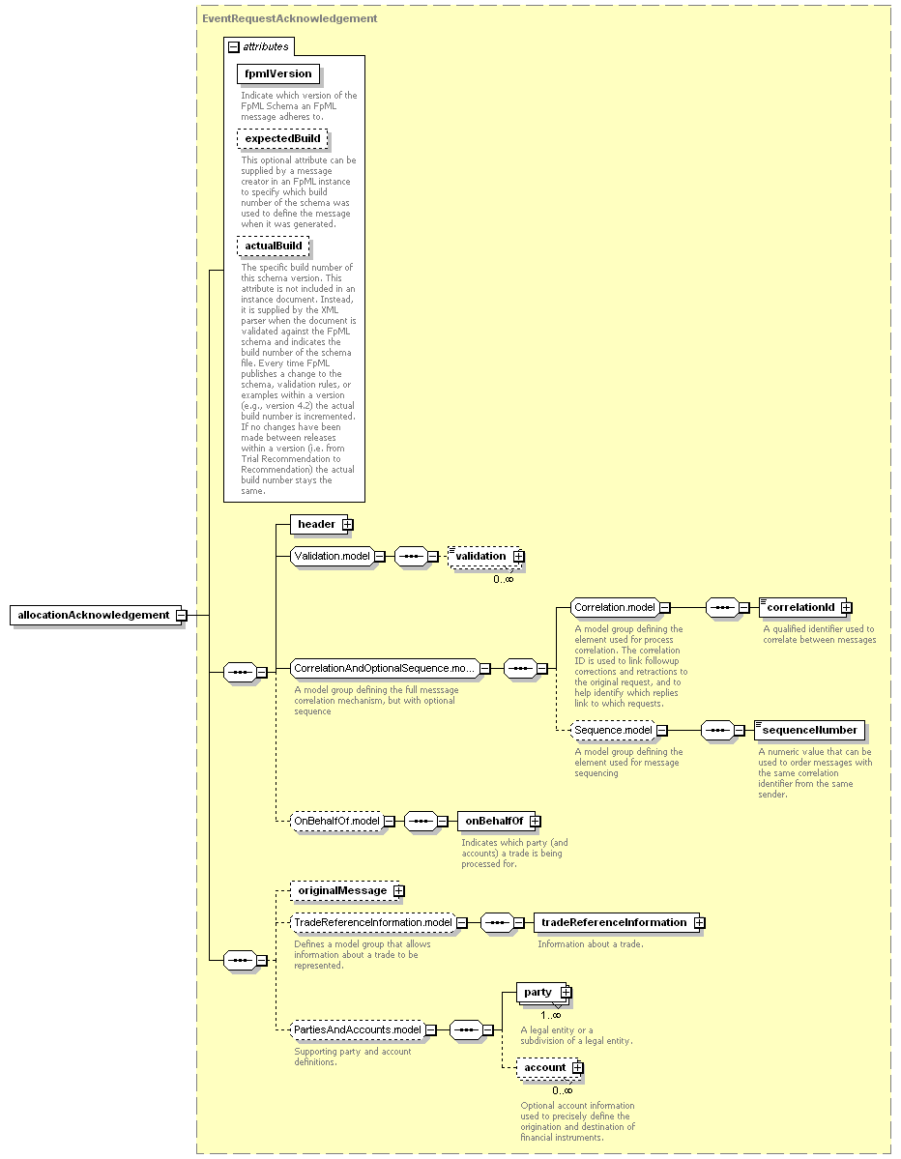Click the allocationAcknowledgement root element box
[x=96, y=615]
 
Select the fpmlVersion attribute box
[x=277, y=73]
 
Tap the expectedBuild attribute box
[x=282, y=139]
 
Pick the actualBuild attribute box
[x=273, y=246]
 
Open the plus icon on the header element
[x=347, y=524]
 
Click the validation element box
[x=485, y=557]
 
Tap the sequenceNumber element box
[x=809, y=730]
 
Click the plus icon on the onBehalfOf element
[x=536, y=822]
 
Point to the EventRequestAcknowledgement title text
[x=290, y=18]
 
